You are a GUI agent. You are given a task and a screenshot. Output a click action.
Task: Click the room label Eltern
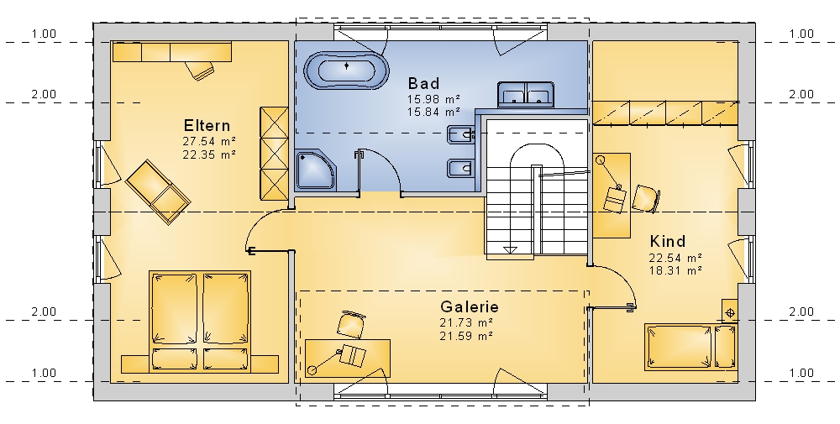[x=207, y=126]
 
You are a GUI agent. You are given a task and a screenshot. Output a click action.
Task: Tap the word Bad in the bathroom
[x=423, y=83]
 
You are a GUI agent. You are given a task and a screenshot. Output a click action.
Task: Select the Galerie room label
[x=470, y=306]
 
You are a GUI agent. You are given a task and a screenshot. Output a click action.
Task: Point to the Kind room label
[x=668, y=242]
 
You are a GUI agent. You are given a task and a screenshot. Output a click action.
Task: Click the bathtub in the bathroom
[x=347, y=71]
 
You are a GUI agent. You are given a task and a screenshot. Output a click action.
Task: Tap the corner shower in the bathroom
[x=315, y=170]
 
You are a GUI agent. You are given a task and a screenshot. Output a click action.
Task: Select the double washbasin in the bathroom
[x=525, y=95]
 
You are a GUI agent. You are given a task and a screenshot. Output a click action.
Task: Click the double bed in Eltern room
[x=200, y=322]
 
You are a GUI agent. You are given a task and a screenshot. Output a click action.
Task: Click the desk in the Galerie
[x=348, y=359]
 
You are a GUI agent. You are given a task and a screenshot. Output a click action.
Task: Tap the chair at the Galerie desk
[x=353, y=324]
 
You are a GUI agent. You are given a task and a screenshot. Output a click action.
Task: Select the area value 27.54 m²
[x=209, y=142]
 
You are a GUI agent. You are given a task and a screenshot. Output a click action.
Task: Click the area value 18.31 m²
[x=675, y=271]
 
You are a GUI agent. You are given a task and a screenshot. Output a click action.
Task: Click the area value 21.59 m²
[x=466, y=336]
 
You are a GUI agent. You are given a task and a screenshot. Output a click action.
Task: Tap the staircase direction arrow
[x=510, y=250]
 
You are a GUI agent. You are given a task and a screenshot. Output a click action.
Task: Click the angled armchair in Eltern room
[x=158, y=191]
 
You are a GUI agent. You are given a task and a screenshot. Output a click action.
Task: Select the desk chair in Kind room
[x=646, y=199]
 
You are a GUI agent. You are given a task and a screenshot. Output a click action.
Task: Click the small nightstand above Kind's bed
[x=730, y=311]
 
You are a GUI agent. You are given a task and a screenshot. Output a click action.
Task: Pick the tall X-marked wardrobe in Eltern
[x=274, y=154]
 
